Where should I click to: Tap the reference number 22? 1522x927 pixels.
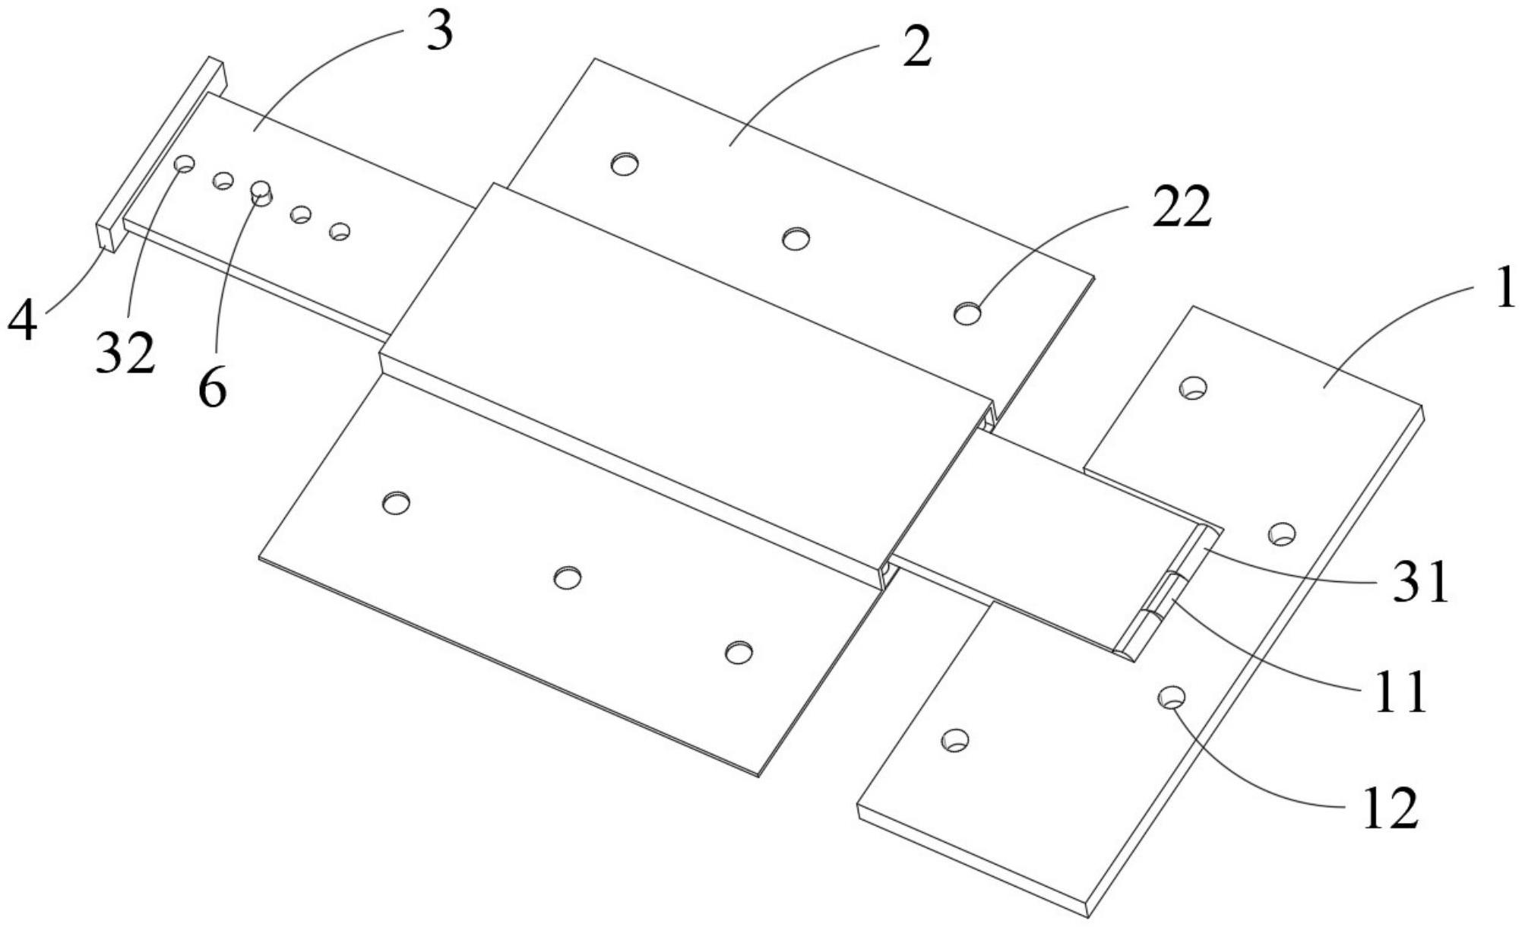[x=1181, y=207]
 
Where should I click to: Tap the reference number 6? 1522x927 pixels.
[x=213, y=388]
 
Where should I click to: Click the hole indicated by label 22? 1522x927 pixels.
[x=967, y=312]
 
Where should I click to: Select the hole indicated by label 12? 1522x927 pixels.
[x=1172, y=696]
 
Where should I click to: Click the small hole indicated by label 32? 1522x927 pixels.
[x=185, y=163]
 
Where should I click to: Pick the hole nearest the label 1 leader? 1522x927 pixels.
[x=1193, y=388]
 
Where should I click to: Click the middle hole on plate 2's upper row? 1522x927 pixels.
[x=796, y=239]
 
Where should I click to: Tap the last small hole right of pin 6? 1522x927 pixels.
[x=340, y=231]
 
